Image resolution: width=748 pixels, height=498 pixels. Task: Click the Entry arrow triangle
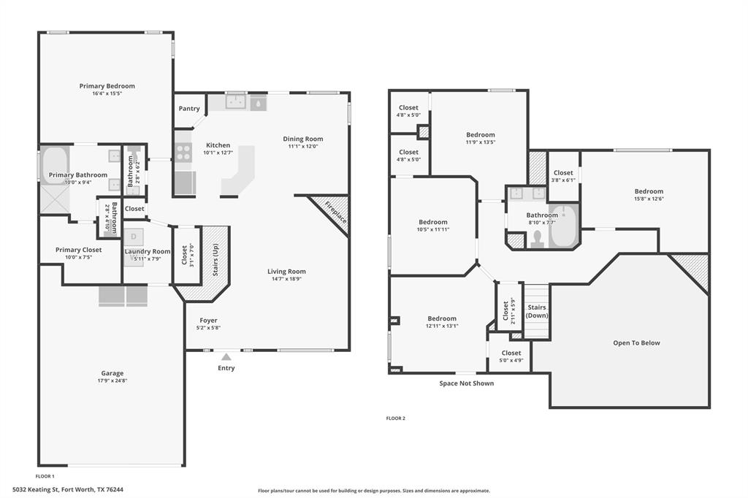(226, 357)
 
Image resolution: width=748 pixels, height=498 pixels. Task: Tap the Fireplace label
(336, 212)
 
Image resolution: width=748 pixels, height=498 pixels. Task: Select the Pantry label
(189, 109)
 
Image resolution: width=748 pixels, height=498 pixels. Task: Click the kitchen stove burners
(183, 153)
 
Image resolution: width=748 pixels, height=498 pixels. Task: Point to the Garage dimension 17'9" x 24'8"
(112, 380)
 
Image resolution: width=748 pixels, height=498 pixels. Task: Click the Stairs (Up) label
(215, 260)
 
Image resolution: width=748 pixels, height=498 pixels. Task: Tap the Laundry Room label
(148, 251)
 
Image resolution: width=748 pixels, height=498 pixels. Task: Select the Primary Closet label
(79, 250)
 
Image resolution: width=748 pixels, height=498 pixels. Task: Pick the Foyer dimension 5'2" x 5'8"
(208, 328)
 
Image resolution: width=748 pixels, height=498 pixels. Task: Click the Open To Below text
(636, 343)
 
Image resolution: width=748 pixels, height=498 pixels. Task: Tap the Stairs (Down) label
(537, 312)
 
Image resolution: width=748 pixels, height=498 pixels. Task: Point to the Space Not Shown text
(467, 383)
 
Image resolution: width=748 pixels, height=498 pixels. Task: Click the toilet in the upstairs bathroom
(538, 239)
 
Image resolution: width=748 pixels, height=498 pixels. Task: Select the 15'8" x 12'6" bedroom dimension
(649, 199)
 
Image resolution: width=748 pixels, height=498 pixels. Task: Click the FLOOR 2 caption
(395, 418)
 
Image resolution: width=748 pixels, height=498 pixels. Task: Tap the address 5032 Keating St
(35, 489)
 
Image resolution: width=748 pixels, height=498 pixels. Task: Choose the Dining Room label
(303, 139)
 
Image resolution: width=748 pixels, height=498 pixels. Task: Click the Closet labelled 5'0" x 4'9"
(511, 353)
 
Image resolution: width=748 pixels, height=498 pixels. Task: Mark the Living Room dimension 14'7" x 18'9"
(286, 279)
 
